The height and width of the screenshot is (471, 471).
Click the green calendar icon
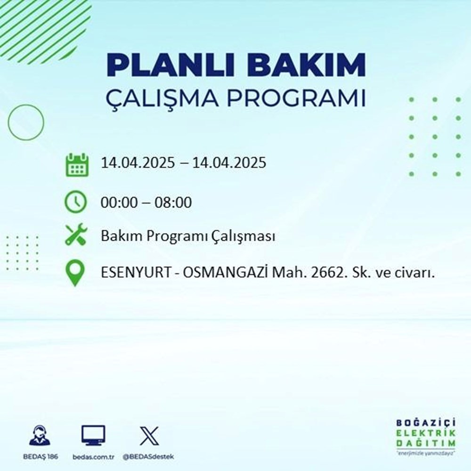click(76, 164)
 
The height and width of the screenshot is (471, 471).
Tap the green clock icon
click(76, 203)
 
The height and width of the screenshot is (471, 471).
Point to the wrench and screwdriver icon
click(76, 235)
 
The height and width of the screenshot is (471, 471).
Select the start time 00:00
click(119, 203)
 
